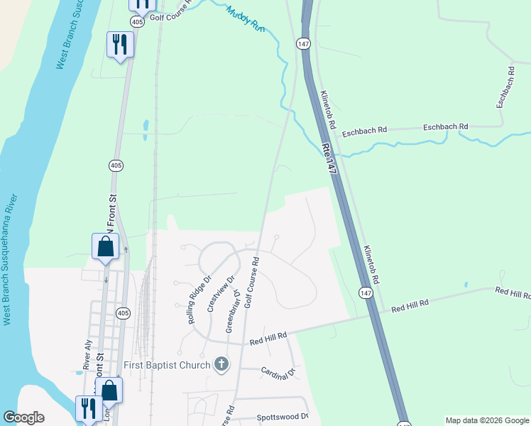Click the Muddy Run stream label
pos(246,19)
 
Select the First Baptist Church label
pos(168,365)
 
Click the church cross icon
pos(221,365)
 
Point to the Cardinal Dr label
pos(278,373)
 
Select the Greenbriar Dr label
pos(232,310)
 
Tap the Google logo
pos(23,417)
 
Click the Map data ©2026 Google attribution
pos(486,420)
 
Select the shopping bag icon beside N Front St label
pos(105,246)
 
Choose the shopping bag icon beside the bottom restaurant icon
pos(109,390)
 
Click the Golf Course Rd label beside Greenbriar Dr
pos(251,283)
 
